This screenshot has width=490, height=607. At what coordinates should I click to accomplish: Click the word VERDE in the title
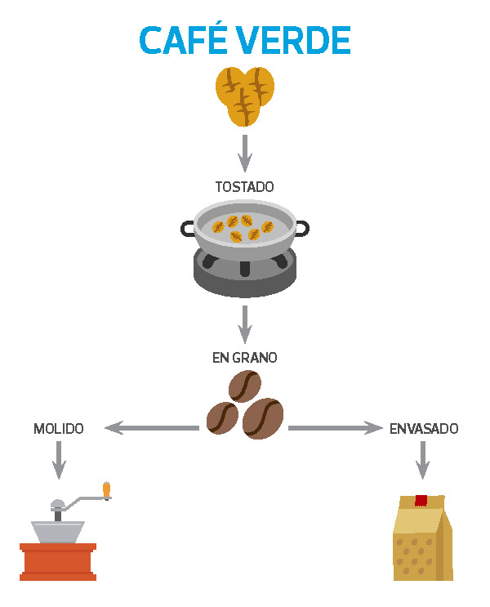[297, 41]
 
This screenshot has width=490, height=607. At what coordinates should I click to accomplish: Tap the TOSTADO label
[244, 187]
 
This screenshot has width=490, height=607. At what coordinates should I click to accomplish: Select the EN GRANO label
[244, 357]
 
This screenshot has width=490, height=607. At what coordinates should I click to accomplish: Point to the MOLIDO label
[58, 428]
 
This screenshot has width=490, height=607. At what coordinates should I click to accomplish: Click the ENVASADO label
[424, 428]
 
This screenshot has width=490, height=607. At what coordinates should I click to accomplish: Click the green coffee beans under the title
[245, 95]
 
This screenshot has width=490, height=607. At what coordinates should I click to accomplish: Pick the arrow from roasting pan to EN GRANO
[244, 324]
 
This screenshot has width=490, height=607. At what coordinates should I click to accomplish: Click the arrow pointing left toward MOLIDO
[152, 427]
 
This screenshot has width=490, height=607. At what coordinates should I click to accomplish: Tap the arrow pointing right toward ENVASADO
[336, 427]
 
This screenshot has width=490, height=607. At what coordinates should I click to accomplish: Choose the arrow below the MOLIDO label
[58, 460]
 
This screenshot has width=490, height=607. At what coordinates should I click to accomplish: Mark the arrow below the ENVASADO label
[422, 460]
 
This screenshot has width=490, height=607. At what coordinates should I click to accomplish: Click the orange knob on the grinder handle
[106, 489]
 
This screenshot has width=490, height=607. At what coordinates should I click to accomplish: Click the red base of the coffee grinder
[58, 562]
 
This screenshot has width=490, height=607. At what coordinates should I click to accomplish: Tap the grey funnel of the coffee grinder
[58, 531]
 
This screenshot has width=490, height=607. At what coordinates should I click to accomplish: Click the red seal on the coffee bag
[421, 500]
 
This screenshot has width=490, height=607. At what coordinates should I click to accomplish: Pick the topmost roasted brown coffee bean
[245, 384]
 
